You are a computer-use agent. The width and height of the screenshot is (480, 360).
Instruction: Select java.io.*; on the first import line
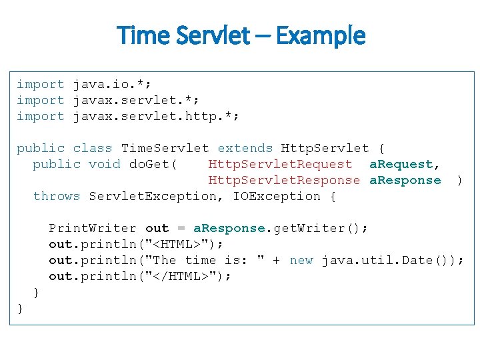tap(112, 85)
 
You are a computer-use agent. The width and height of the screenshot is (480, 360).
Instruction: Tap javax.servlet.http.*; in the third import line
tap(156, 117)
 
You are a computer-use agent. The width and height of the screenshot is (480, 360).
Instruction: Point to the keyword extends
tap(245, 149)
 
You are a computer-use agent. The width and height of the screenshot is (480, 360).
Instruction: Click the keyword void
tap(104, 165)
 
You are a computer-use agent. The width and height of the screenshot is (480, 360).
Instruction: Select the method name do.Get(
tap(153, 165)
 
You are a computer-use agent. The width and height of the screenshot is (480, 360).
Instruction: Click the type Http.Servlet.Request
tap(280, 165)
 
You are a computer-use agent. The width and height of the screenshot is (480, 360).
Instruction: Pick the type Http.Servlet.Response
tap(284, 181)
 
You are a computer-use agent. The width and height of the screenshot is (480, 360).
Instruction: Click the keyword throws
tap(57, 197)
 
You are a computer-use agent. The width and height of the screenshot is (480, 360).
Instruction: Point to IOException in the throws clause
tap(277, 197)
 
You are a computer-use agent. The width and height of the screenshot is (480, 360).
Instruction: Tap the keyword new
tap(301, 261)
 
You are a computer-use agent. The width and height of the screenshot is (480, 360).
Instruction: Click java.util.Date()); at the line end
tap(393, 261)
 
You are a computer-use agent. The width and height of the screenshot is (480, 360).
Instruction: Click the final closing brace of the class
tap(21, 309)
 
